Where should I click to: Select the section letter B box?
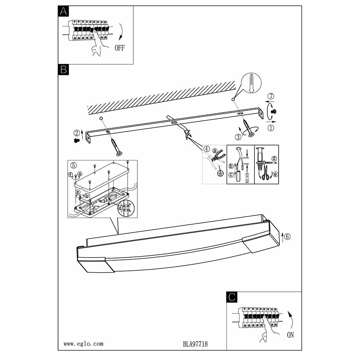(63, 69)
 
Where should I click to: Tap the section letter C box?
(232, 297)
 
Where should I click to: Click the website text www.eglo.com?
(83, 344)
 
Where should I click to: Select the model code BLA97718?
(195, 344)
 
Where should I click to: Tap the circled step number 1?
(271, 127)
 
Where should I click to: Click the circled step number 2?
(77, 133)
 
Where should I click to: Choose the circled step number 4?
(206, 148)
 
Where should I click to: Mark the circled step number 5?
(73, 165)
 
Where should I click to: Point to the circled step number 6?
(287, 236)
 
